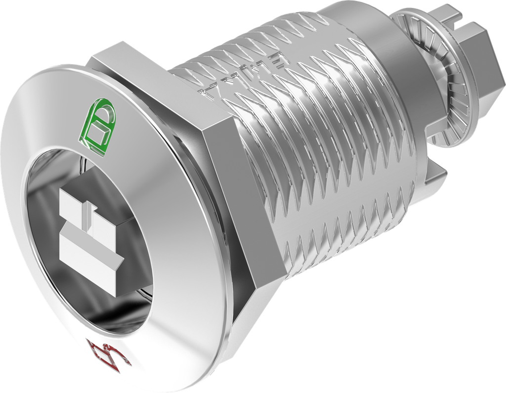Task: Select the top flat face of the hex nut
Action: [x=148, y=74]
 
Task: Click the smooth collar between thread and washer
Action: [x=390, y=74]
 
